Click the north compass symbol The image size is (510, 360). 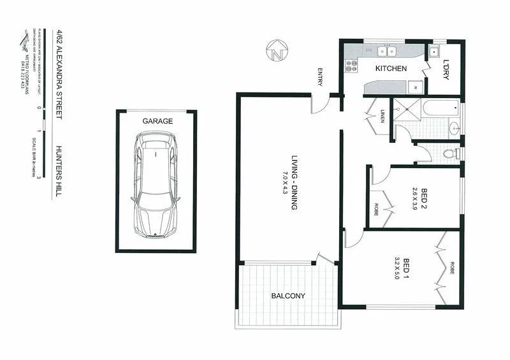(x=277, y=52)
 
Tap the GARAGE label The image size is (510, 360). (x=157, y=120)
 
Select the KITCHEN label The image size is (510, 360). (x=391, y=68)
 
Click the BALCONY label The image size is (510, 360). (x=288, y=296)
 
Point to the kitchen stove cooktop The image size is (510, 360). (x=351, y=63)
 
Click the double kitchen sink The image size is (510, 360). (x=387, y=51)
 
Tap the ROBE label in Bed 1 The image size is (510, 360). (x=451, y=268)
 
